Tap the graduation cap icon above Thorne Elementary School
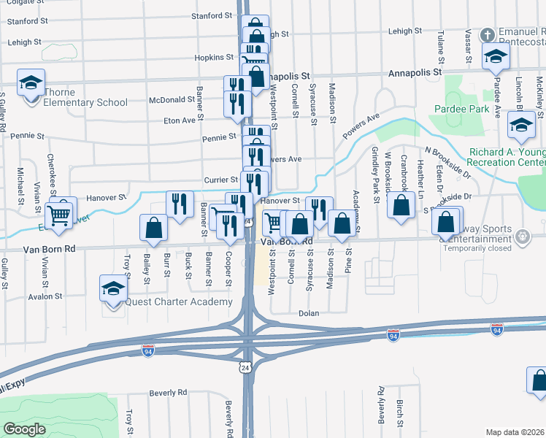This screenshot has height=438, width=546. pyautogui.click(x=31, y=82)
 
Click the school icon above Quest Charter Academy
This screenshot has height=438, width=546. pyautogui.click(x=113, y=288)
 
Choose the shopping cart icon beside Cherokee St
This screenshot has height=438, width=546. pyautogui.click(x=59, y=213)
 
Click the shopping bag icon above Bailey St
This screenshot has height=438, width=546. pyautogui.click(x=155, y=228)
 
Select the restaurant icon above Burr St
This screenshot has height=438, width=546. pyautogui.click(x=180, y=204)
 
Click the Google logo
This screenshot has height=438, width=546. pyautogui.click(x=24, y=429)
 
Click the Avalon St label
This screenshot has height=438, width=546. pyautogui.click(x=45, y=296)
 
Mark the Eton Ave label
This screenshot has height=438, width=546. pyautogui.click(x=182, y=120)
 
